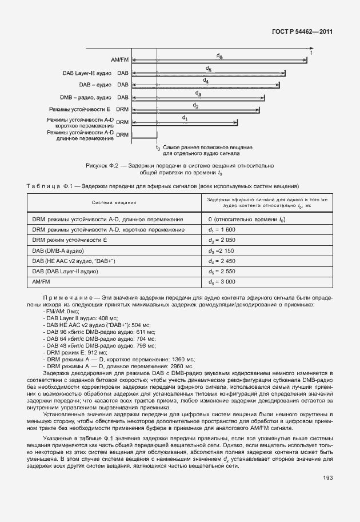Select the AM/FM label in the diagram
(x=121, y=59)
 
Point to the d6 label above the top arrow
(x=219, y=55)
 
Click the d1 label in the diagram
(x=185, y=118)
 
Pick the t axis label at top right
(x=311, y=52)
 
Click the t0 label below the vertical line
(x=158, y=148)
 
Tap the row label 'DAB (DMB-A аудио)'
(x=58, y=250)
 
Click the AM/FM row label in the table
(x=41, y=282)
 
